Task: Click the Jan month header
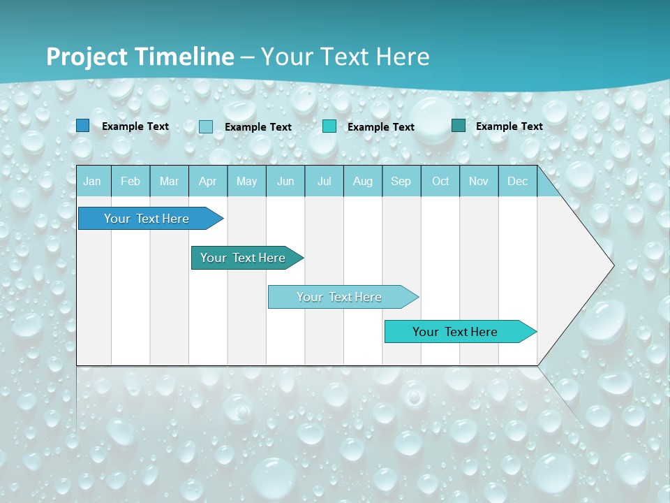click(92, 181)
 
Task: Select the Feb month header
click(131, 181)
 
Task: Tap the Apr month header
click(207, 181)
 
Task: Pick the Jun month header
click(285, 181)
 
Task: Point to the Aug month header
click(362, 181)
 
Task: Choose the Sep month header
click(401, 181)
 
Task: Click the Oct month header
click(440, 181)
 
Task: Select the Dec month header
click(517, 181)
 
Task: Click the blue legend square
click(82, 126)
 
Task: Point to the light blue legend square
click(206, 126)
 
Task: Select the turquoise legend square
click(329, 126)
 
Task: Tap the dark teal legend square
click(459, 126)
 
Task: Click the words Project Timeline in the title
click(140, 57)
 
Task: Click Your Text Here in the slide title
click(345, 57)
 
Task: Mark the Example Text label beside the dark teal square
click(509, 126)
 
